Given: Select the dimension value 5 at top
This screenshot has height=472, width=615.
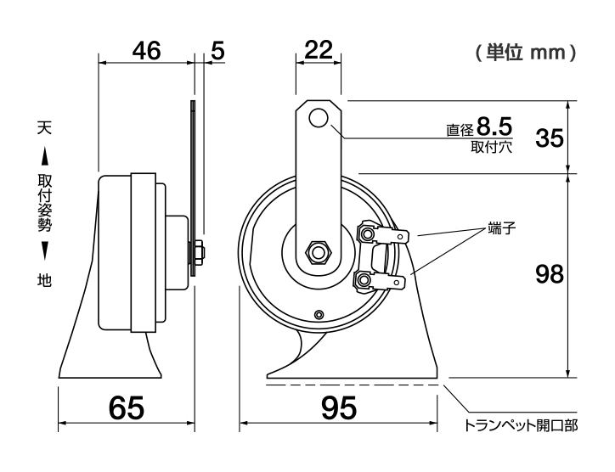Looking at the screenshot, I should (217, 50).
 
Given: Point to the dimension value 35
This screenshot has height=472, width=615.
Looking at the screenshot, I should (550, 138).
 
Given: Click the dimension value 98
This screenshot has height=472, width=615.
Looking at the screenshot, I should (550, 274).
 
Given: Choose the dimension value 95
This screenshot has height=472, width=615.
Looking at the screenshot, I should (339, 409).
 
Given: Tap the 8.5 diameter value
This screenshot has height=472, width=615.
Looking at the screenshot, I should (494, 127).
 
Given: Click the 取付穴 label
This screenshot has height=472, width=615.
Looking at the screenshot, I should (488, 146).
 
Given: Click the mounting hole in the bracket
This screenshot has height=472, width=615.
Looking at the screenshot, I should (319, 119).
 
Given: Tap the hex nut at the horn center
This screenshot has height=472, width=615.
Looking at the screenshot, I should (318, 253).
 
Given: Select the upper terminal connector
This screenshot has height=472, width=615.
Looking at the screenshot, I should (375, 232).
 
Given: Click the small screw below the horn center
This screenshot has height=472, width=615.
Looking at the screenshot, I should (318, 315).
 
